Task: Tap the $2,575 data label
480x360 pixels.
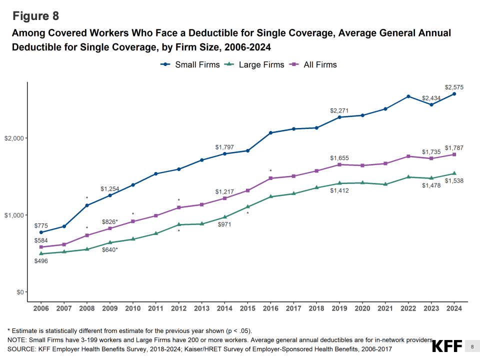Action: pyautogui.click(x=454, y=87)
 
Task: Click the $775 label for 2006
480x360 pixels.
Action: pyautogui.click(x=41, y=225)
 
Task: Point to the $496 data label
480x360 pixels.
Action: pyautogui.click(x=41, y=261)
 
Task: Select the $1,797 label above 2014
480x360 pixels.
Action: pyautogui.click(x=224, y=147)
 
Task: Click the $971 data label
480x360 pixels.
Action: pyautogui.click(x=224, y=224)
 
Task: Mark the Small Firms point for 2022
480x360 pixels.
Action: pyautogui.click(x=408, y=96)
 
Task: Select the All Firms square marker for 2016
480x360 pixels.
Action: pyautogui.click(x=270, y=178)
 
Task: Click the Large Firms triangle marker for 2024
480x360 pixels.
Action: pyautogui.click(x=454, y=173)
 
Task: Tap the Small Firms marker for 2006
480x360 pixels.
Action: pyautogui.click(x=41, y=232)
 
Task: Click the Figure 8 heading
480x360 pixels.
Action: pyautogui.click(x=35, y=16)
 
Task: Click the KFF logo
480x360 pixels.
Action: pyautogui.click(x=446, y=346)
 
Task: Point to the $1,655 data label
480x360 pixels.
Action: pyautogui.click(x=339, y=158)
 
